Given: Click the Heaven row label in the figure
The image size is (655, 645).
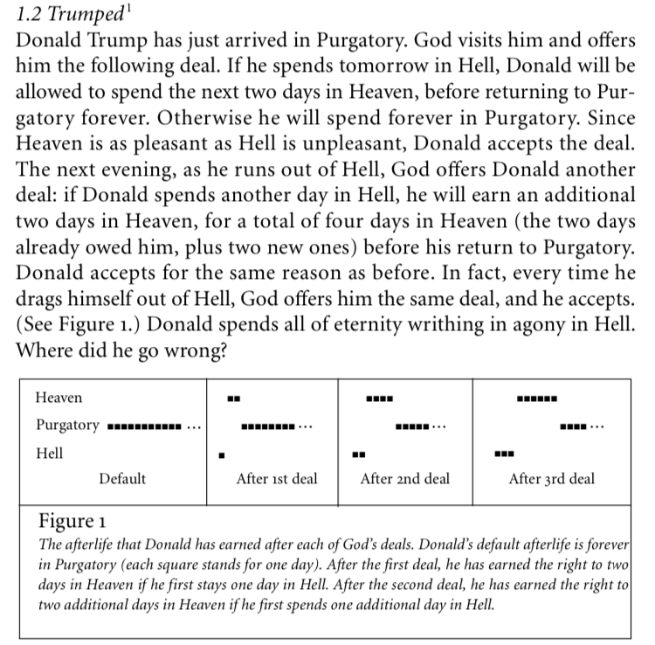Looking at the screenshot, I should point(59,398).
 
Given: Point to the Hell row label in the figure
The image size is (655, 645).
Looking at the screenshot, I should point(49,454).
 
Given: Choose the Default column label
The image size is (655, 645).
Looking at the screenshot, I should point(122,479).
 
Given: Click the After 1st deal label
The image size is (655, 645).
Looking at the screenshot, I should point(277,479).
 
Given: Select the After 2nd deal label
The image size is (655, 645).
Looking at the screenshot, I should point(404,479).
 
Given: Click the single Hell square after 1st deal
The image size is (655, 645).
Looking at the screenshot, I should point(223,454).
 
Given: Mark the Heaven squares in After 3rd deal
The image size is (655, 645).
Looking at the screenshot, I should point(536,399).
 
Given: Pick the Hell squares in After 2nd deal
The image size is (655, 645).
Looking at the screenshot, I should point(358,454).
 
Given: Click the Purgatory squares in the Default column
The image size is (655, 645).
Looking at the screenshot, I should point(145,427).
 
